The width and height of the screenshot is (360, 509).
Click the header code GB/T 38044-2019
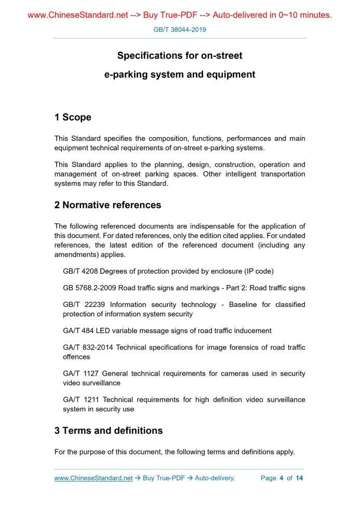tap(180, 30)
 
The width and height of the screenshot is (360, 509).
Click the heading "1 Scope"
tap(73, 117)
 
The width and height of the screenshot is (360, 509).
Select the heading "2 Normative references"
tap(108, 205)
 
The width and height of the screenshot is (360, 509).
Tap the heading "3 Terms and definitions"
tap(109, 431)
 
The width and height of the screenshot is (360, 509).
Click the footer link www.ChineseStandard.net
tap(94, 478)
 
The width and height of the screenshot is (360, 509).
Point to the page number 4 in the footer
tap(281, 478)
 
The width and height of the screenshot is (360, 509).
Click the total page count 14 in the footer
tap(299, 478)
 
